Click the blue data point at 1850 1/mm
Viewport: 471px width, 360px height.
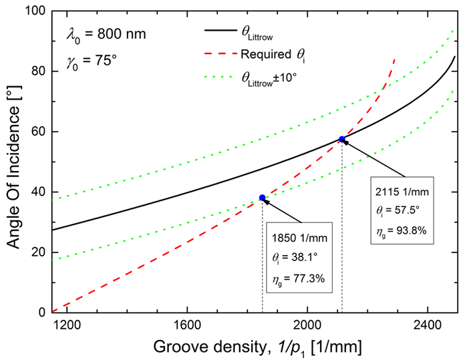[262, 198]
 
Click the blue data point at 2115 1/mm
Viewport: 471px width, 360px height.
[342, 139]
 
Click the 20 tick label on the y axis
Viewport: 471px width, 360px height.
[38, 252]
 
